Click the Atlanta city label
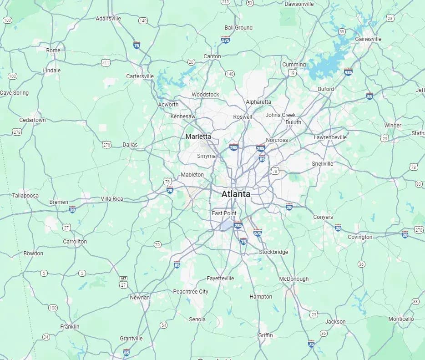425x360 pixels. [x=236, y=194]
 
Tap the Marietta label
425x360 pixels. [x=198, y=136]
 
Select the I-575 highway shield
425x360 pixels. [x=225, y=40]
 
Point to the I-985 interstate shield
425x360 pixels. [x=348, y=72]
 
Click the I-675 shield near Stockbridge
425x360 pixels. [x=258, y=232]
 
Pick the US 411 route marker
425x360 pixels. [x=106, y=63]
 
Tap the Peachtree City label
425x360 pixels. [x=191, y=291]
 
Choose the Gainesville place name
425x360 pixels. [x=368, y=39]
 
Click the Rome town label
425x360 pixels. [x=53, y=50]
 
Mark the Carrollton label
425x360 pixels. [x=75, y=241]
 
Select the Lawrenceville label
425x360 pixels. [x=330, y=137]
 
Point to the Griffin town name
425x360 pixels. [x=265, y=335]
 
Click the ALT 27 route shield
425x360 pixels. [x=123, y=282]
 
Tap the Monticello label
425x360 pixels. [x=401, y=319]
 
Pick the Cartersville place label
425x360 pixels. [x=140, y=76]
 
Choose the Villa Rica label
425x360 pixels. [x=111, y=199]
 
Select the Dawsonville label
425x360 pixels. [x=299, y=4]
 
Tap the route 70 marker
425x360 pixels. [x=157, y=244]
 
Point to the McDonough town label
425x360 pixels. [x=293, y=279]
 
